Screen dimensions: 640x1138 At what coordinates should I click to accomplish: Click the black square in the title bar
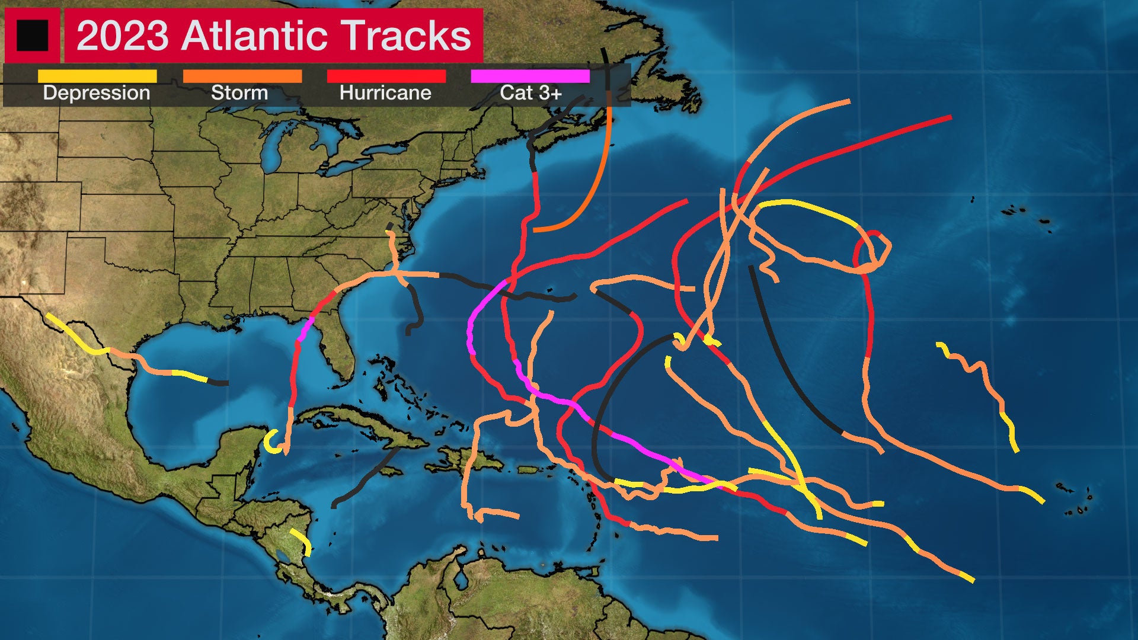[x=32, y=36]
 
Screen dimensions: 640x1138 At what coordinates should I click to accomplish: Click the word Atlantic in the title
[x=255, y=36]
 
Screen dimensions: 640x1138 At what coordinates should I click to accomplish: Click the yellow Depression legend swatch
[x=97, y=76]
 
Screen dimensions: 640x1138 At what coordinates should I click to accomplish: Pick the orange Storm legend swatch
[x=242, y=76]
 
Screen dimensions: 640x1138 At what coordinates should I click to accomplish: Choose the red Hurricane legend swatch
[x=386, y=76]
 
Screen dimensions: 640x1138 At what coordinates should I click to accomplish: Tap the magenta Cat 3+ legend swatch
[x=530, y=76]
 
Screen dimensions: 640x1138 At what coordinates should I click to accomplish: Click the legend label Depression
[x=97, y=93]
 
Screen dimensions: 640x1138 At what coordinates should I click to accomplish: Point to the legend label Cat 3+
[x=530, y=93]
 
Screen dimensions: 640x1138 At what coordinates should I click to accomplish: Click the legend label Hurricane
[x=385, y=93]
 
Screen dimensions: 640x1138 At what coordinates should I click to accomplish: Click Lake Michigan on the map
[x=270, y=148]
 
